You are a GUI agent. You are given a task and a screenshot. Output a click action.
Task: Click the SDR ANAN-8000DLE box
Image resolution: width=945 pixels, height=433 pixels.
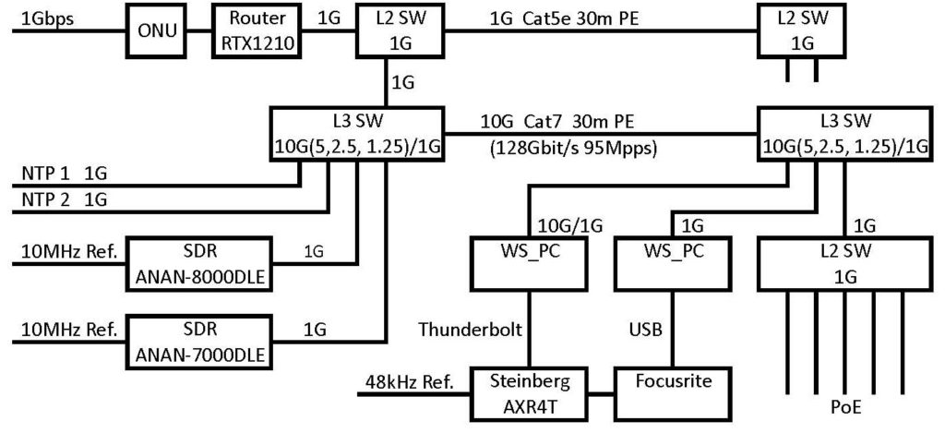[201, 263]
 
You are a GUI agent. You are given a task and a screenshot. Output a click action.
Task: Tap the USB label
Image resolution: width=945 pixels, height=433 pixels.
[644, 329]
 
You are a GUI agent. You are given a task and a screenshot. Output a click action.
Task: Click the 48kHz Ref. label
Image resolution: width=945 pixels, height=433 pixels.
[405, 380]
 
